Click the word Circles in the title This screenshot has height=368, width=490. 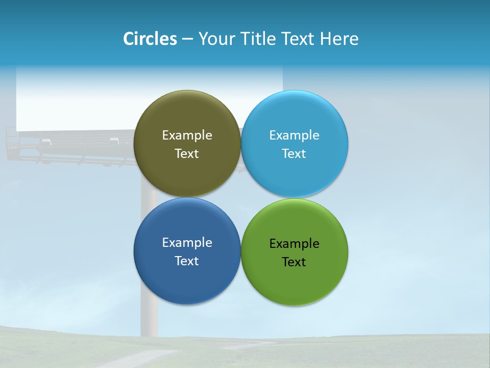[x=150, y=39]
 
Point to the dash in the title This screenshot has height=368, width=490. [x=187, y=39]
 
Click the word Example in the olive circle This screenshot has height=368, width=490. [x=187, y=135]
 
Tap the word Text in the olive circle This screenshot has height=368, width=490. [x=187, y=153]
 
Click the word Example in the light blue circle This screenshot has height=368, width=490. [x=294, y=135]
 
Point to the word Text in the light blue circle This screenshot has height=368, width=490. [x=294, y=153]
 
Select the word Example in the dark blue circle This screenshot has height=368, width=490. [x=187, y=242]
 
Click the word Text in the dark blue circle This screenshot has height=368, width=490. [x=187, y=261]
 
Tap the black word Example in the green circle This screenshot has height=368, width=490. [x=294, y=243]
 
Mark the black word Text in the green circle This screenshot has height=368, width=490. [x=294, y=262]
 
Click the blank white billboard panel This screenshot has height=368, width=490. [x=77, y=102]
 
